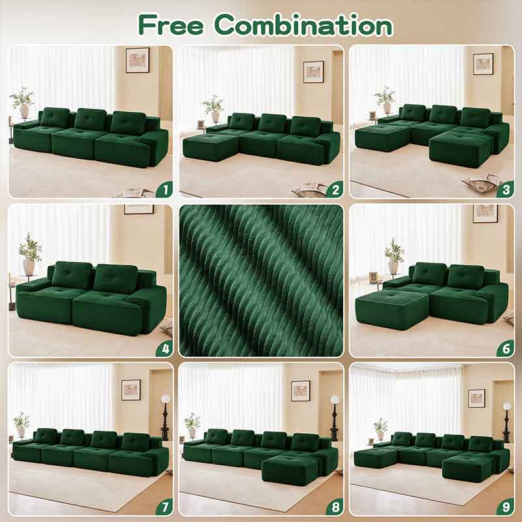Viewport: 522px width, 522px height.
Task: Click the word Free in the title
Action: tap(171, 25)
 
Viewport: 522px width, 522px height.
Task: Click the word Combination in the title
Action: tap(304, 25)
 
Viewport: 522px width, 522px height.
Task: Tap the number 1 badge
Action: tap(165, 189)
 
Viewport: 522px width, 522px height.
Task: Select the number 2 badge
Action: tap(335, 189)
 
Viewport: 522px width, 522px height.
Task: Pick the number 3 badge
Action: tap(506, 189)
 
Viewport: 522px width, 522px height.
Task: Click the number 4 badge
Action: tap(165, 348)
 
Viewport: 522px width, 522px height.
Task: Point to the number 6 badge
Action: tap(506, 348)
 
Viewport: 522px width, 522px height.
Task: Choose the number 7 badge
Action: tap(165, 507)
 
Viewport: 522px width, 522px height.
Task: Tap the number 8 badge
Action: tap(335, 507)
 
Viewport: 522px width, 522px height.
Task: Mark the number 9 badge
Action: tap(506, 507)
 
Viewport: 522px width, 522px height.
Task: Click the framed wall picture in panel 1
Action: tap(138, 60)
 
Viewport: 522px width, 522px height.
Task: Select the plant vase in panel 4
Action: tap(29, 267)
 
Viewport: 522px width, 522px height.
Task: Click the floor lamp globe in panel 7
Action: tap(166, 399)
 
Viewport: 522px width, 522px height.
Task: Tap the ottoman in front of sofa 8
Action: tap(290, 470)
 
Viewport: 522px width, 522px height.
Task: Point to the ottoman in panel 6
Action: tap(392, 309)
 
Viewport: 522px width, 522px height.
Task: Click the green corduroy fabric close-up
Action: tap(261, 281)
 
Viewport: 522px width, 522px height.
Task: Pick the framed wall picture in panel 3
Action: tap(483, 64)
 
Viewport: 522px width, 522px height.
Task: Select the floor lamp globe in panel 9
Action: tap(507, 407)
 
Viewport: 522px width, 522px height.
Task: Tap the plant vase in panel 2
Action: tap(215, 116)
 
